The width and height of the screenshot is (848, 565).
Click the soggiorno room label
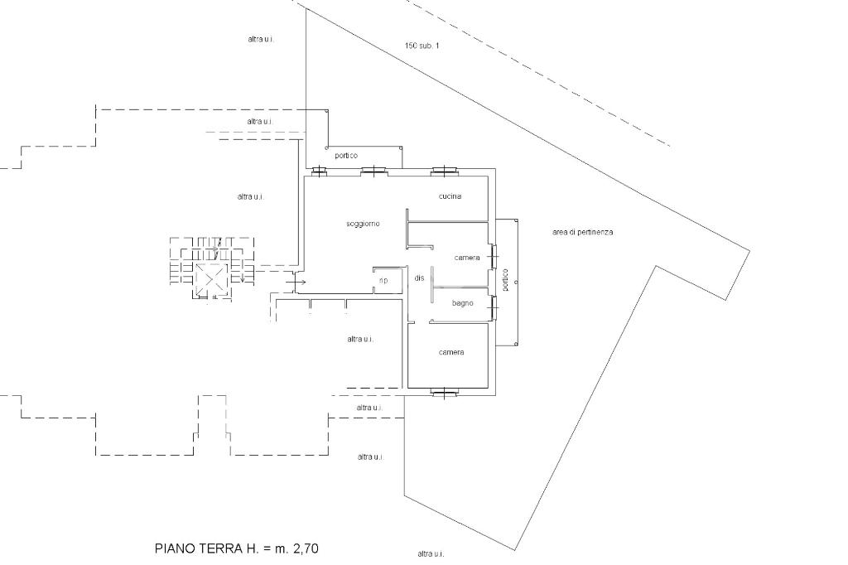(x=363, y=224)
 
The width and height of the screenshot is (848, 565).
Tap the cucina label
(x=450, y=196)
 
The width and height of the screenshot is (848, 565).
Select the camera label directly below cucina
(x=467, y=258)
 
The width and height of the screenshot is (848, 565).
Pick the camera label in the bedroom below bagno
(x=451, y=352)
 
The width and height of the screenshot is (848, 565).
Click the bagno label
(x=462, y=303)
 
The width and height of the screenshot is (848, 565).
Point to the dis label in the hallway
(x=419, y=278)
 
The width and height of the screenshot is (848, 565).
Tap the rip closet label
(x=383, y=280)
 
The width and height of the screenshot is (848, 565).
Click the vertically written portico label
(x=505, y=280)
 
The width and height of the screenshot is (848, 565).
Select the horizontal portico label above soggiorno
(x=346, y=156)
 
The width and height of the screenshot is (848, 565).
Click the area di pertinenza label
(x=583, y=232)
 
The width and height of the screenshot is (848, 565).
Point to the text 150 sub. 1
(x=422, y=46)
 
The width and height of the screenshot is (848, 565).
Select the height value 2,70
(x=306, y=548)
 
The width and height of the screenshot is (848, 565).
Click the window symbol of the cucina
(x=445, y=171)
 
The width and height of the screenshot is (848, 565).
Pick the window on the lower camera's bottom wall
(x=445, y=393)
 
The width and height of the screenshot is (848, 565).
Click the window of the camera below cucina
(x=494, y=257)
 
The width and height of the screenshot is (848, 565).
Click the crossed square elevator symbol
(x=210, y=280)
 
